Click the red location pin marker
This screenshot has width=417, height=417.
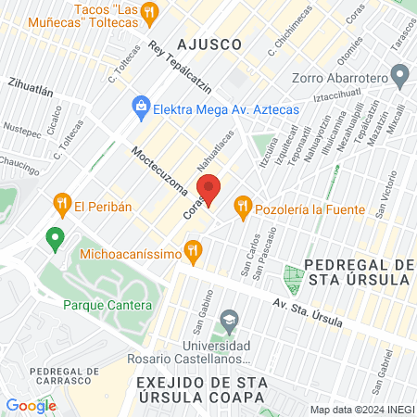(209, 189)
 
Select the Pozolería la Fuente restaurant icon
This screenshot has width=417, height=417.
(243, 205)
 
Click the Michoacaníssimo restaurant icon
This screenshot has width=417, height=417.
(193, 248)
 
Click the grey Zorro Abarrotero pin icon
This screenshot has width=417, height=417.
(399, 73)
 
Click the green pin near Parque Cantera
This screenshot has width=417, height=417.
(55, 239)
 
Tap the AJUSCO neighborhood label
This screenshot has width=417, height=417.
(210, 44)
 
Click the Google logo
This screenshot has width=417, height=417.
(31, 405)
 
